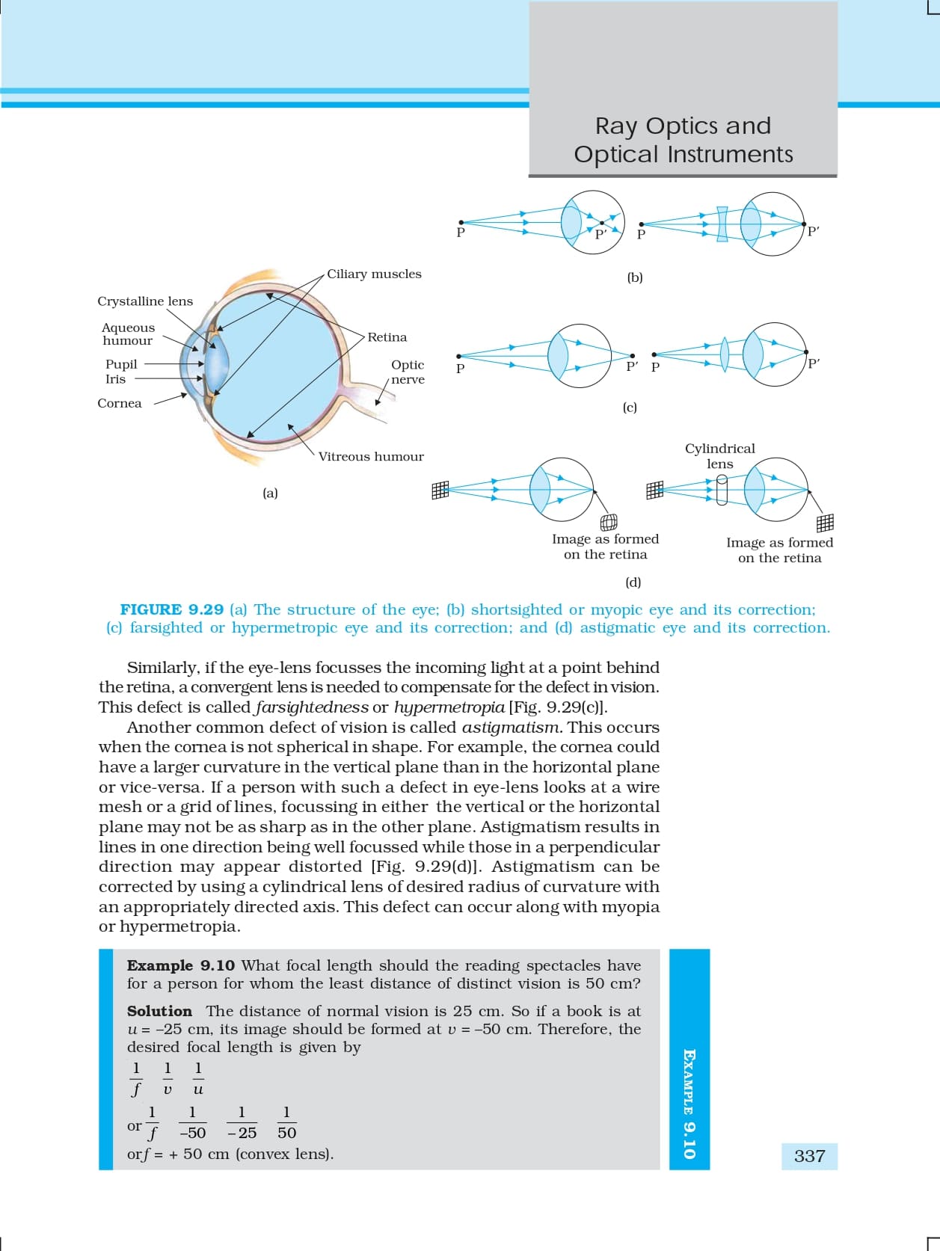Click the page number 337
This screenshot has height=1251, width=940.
(809, 1156)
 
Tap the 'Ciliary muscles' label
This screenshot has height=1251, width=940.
(374, 274)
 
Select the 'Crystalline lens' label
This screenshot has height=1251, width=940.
(145, 301)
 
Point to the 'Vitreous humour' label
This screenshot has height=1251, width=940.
(371, 457)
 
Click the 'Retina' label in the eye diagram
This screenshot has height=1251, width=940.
(387, 337)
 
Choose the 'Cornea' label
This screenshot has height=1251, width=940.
(120, 404)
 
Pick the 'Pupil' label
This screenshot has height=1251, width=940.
(121, 365)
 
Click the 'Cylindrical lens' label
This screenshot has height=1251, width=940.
(720, 456)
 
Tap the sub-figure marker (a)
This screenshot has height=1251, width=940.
(270, 494)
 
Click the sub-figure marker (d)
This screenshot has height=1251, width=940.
(633, 583)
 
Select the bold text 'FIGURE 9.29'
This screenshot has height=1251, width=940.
(172, 610)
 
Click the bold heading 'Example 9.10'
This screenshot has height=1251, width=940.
(181, 966)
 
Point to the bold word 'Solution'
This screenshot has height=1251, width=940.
(159, 1012)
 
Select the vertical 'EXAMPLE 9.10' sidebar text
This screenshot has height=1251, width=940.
(689, 1104)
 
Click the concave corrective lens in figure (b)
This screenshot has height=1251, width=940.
(722, 224)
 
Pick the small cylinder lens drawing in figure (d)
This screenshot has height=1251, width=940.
(722, 491)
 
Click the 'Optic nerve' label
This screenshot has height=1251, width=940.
(408, 372)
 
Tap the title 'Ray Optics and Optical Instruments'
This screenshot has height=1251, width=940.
(683, 140)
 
